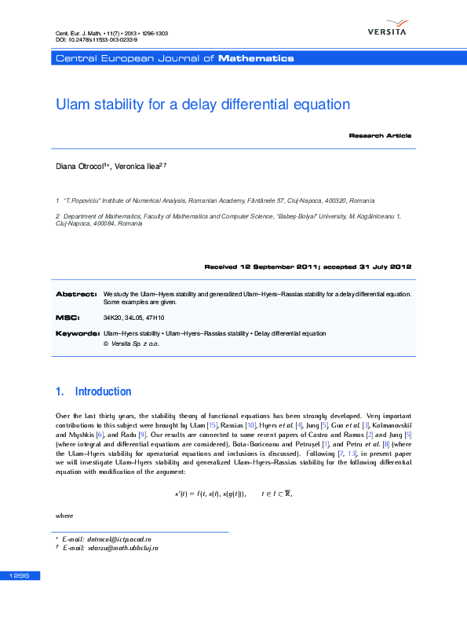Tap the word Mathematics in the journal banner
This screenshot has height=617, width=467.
coord(256,58)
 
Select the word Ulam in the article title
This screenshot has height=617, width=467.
coord(73,105)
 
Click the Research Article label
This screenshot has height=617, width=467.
coord(380,136)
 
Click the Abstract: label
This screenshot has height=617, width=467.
coord(75,294)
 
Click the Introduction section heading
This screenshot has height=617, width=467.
coord(103,391)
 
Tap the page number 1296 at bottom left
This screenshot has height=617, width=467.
coord(19,576)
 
